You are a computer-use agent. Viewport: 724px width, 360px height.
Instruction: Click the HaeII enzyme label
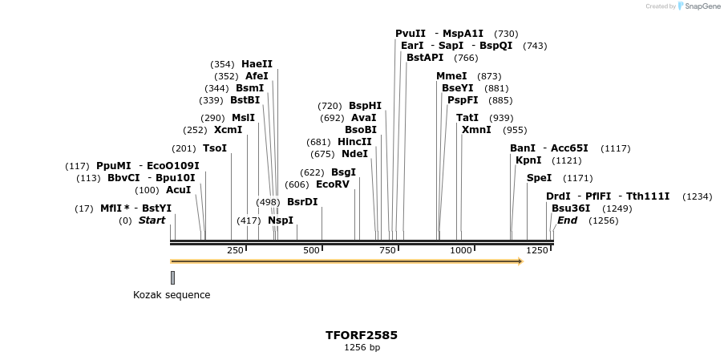click(x=257, y=64)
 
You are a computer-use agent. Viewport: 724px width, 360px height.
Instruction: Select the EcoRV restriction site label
click(x=333, y=184)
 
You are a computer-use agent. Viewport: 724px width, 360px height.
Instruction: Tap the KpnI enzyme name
click(x=528, y=160)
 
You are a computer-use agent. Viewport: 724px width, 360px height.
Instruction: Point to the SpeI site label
click(x=539, y=178)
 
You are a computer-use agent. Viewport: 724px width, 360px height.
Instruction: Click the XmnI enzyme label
click(x=476, y=130)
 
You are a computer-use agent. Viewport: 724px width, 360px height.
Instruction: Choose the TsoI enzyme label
click(x=215, y=148)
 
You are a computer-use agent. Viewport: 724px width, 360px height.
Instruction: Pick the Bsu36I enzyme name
click(x=571, y=208)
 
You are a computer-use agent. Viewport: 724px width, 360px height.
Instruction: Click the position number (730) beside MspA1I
click(x=506, y=34)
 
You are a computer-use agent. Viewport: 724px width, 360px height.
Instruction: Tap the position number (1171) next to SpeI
click(x=577, y=178)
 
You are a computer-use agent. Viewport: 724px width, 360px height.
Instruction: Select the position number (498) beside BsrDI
click(x=268, y=202)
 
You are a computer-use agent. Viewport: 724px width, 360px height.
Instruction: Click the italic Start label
click(x=152, y=220)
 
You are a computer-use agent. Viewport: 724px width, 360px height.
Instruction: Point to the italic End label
click(x=567, y=220)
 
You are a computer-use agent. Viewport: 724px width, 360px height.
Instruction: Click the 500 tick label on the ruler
click(x=312, y=251)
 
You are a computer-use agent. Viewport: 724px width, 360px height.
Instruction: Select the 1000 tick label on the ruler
click(x=461, y=251)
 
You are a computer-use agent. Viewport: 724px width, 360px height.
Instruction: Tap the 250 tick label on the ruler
click(x=235, y=251)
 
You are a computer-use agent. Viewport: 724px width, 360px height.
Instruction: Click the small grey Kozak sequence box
click(x=172, y=277)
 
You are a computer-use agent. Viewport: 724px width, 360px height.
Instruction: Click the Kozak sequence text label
click(x=172, y=295)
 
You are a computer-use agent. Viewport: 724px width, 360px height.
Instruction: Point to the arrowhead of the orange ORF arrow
click(x=520, y=261)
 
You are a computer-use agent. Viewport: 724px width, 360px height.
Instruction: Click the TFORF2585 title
click(x=362, y=335)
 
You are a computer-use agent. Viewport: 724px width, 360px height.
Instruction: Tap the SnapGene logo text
click(x=702, y=6)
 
